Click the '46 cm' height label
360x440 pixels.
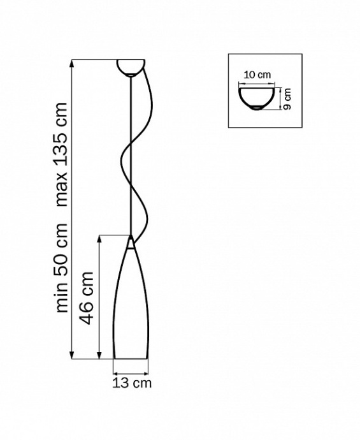[x=86, y=298]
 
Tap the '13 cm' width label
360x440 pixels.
[x=132, y=383]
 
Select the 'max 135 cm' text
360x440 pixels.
[x=62, y=155]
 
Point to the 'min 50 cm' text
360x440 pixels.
[x=62, y=268]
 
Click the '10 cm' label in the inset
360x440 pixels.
[x=257, y=75]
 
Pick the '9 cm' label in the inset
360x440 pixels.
[x=287, y=99]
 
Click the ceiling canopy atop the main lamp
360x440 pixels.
[x=131, y=68]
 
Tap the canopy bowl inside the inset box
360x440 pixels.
[x=257, y=99]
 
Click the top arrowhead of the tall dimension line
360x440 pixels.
[x=72, y=64]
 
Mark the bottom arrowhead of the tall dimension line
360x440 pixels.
[x=72, y=355]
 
